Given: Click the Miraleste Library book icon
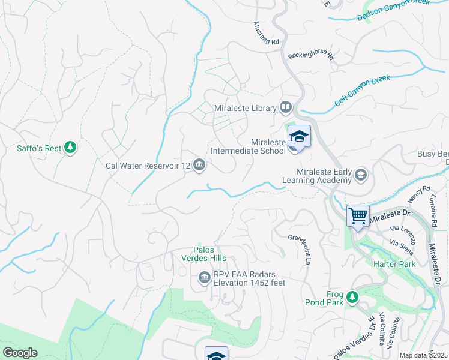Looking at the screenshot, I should tap(285, 108).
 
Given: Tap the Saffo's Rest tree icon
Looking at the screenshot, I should tap(71, 148).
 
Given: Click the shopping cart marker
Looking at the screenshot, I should tap(358, 215).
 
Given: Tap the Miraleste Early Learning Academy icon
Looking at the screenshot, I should tap(361, 175).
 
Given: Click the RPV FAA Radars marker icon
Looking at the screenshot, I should tap(203, 278).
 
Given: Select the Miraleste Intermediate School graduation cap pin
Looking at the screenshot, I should tap(298, 137).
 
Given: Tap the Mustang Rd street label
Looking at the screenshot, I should tap(267, 34).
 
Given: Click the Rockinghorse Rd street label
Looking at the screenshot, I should tap(310, 56).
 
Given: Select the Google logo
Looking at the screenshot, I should tap(20, 353).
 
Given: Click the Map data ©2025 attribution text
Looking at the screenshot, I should tap(423, 355).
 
